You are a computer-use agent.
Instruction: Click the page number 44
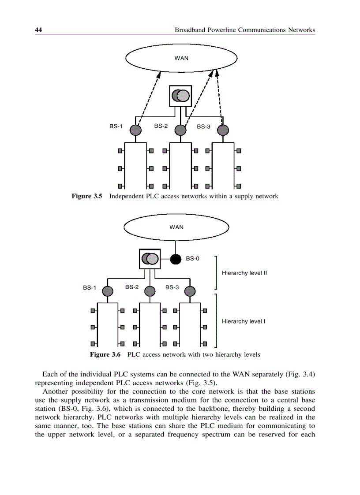pyautogui.click(x=38, y=30)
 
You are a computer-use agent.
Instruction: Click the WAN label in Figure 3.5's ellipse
pyautogui.click(x=181, y=58)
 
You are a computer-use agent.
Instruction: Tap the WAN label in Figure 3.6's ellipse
pyautogui.click(x=176, y=227)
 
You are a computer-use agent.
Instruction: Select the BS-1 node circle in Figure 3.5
pyautogui.click(x=135, y=130)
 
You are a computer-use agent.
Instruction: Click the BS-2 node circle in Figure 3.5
pyautogui.click(x=180, y=130)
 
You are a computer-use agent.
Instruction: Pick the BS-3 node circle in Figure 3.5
pyautogui.click(x=224, y=130)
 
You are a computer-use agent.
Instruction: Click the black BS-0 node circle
pyautogui.click(x=176, y=259)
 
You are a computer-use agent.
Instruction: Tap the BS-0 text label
pyautogui.click(x=192, y=259)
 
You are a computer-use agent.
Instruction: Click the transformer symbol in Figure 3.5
pyautogui.click(x=181, y=95)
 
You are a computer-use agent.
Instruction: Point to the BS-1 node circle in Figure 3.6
pyautogui.click(x=107, y=291)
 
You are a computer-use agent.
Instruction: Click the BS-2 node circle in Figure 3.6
pyautogui.click(x=150, y=291)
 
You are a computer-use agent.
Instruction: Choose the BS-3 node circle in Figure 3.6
pyautogui.click(x=190, y=291)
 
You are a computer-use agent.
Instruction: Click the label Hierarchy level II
pyautogui.click(x=244, y=273)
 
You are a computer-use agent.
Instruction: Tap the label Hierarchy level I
pyautogui.click(x=244, y=321)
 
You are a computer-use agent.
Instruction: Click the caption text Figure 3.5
pyautogui.click(x=87, y=196)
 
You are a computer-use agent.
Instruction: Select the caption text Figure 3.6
pyautogui.click(x=105, y=354)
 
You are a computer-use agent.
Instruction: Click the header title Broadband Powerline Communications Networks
pyautogui.click(x=245, y=30)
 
